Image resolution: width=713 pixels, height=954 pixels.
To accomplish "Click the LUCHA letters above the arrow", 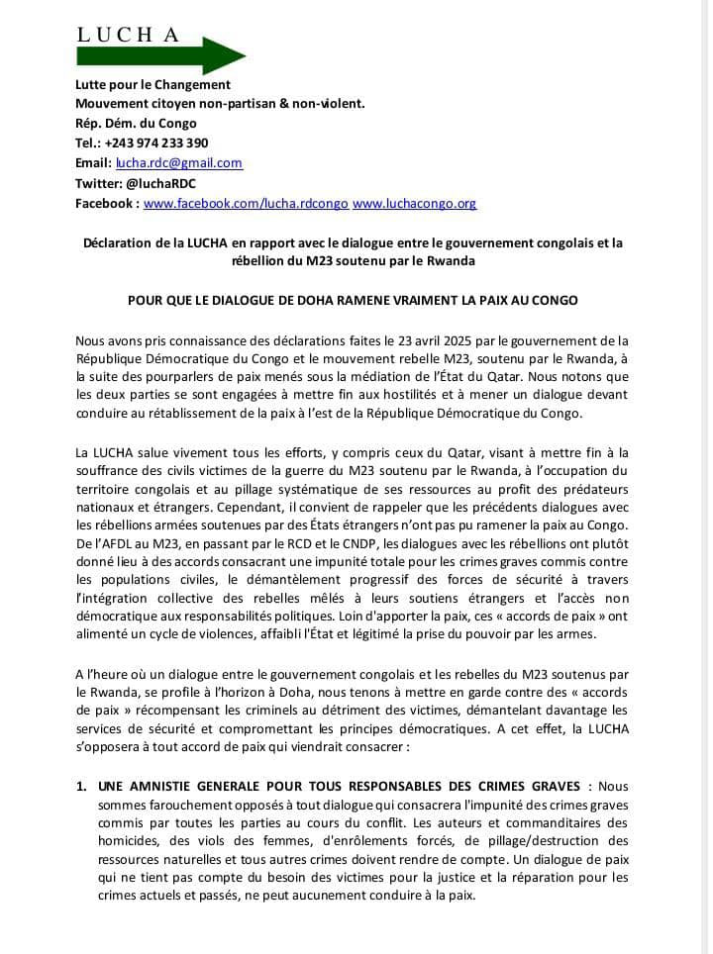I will coord(129,36).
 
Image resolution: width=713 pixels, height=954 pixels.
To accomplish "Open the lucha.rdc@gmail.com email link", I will coord(179,162).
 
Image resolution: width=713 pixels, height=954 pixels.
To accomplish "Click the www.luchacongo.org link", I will coord(414,203).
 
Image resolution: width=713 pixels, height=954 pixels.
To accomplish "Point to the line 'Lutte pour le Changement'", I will coord(153,84).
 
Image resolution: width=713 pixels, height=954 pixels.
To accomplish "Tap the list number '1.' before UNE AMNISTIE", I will coord(82,786).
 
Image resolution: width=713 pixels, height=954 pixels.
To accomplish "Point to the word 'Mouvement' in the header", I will coord(113,104).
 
